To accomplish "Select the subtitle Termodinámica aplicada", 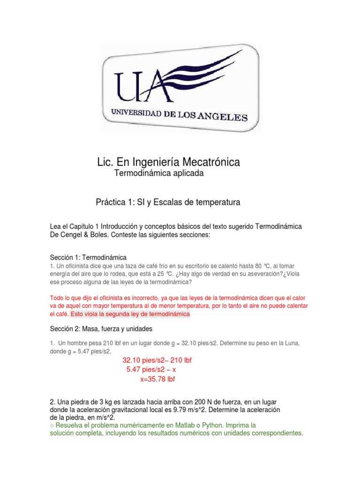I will (159, 174).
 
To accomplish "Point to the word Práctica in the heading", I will (112, 202).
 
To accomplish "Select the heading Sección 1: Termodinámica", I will (88, 257).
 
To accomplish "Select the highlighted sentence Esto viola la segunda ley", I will (130, 314).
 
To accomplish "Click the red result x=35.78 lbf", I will (157, 379).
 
